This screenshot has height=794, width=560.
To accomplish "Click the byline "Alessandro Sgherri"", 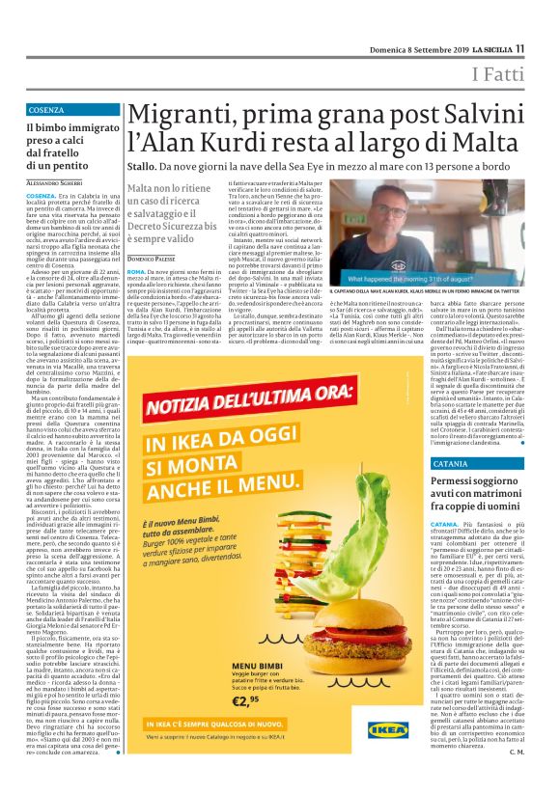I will [55, 183].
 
